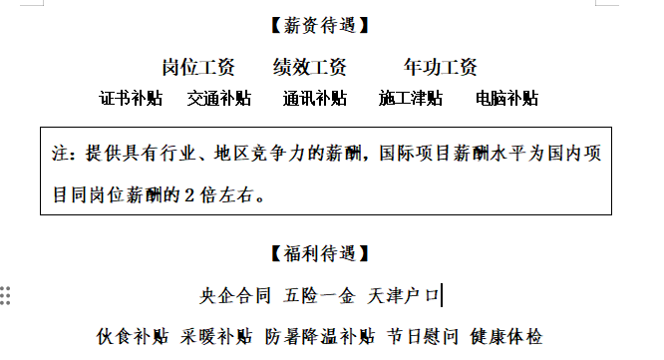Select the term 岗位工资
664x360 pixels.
tap(198, 68)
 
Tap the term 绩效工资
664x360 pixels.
tap(310, 68)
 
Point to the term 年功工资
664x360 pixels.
tap(441, 68)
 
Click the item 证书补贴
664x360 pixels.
tap(131, 99)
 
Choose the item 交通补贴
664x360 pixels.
tap(219, 99)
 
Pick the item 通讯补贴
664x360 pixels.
tap(315, 99)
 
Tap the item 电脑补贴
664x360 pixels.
tap(506, 99)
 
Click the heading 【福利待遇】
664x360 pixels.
tap(320, 253)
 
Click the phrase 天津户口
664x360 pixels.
tap(404, 295)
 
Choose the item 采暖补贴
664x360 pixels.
tap(217, 336)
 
